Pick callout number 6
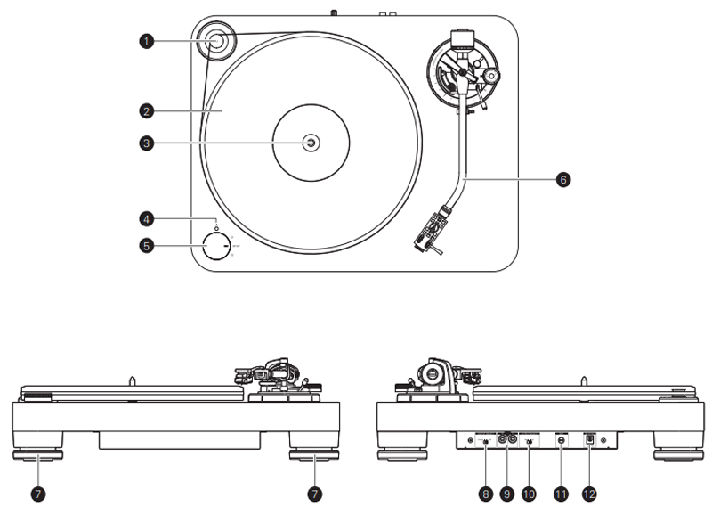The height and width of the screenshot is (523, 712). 562,179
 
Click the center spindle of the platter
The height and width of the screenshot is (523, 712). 311,141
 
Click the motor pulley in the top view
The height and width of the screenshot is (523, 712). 216,39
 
